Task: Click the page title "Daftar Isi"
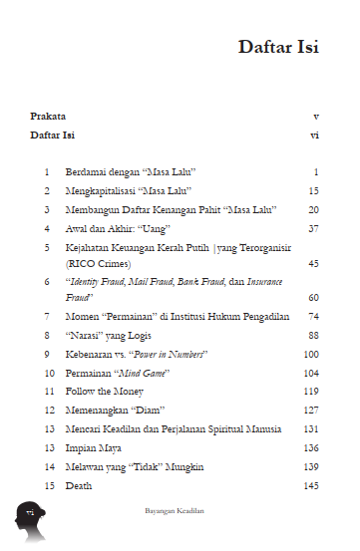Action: pos(278,48)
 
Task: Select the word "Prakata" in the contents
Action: pos(47,116)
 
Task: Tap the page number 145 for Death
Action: pos(309,486)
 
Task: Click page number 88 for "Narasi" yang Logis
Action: pos(312,335)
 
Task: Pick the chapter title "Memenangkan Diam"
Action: pos(115,411)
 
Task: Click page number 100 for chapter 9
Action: pos(310,354)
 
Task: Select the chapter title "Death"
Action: pos(79,486)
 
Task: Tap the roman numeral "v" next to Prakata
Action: pos(315,116)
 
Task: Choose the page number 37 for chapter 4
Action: pos(312,228)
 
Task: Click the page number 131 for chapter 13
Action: pos(309,429)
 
